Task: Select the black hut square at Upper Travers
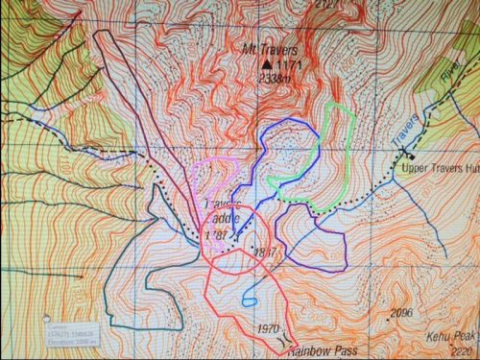point(410,155)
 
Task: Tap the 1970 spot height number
point(270,328)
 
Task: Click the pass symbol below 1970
point(282,339)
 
